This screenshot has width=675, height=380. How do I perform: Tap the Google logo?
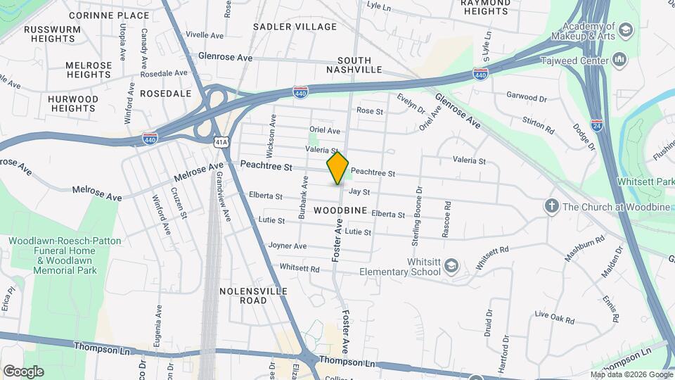[23, 371]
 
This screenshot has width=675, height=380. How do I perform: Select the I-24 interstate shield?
[596, 126]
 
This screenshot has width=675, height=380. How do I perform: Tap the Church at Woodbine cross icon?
[552, 206]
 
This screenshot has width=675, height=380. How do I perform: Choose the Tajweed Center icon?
[619, 60]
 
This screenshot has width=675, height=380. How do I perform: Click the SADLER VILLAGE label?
[295, 26]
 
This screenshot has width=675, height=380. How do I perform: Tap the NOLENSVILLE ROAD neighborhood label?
[243, 296]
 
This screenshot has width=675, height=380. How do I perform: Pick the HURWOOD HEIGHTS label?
[73, 103]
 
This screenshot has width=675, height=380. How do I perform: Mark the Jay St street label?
[359, 191]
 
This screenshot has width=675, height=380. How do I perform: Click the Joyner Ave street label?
[288, 246]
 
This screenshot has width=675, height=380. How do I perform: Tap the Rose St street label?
[370, 111]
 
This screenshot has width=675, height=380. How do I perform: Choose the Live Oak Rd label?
[555, 317]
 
